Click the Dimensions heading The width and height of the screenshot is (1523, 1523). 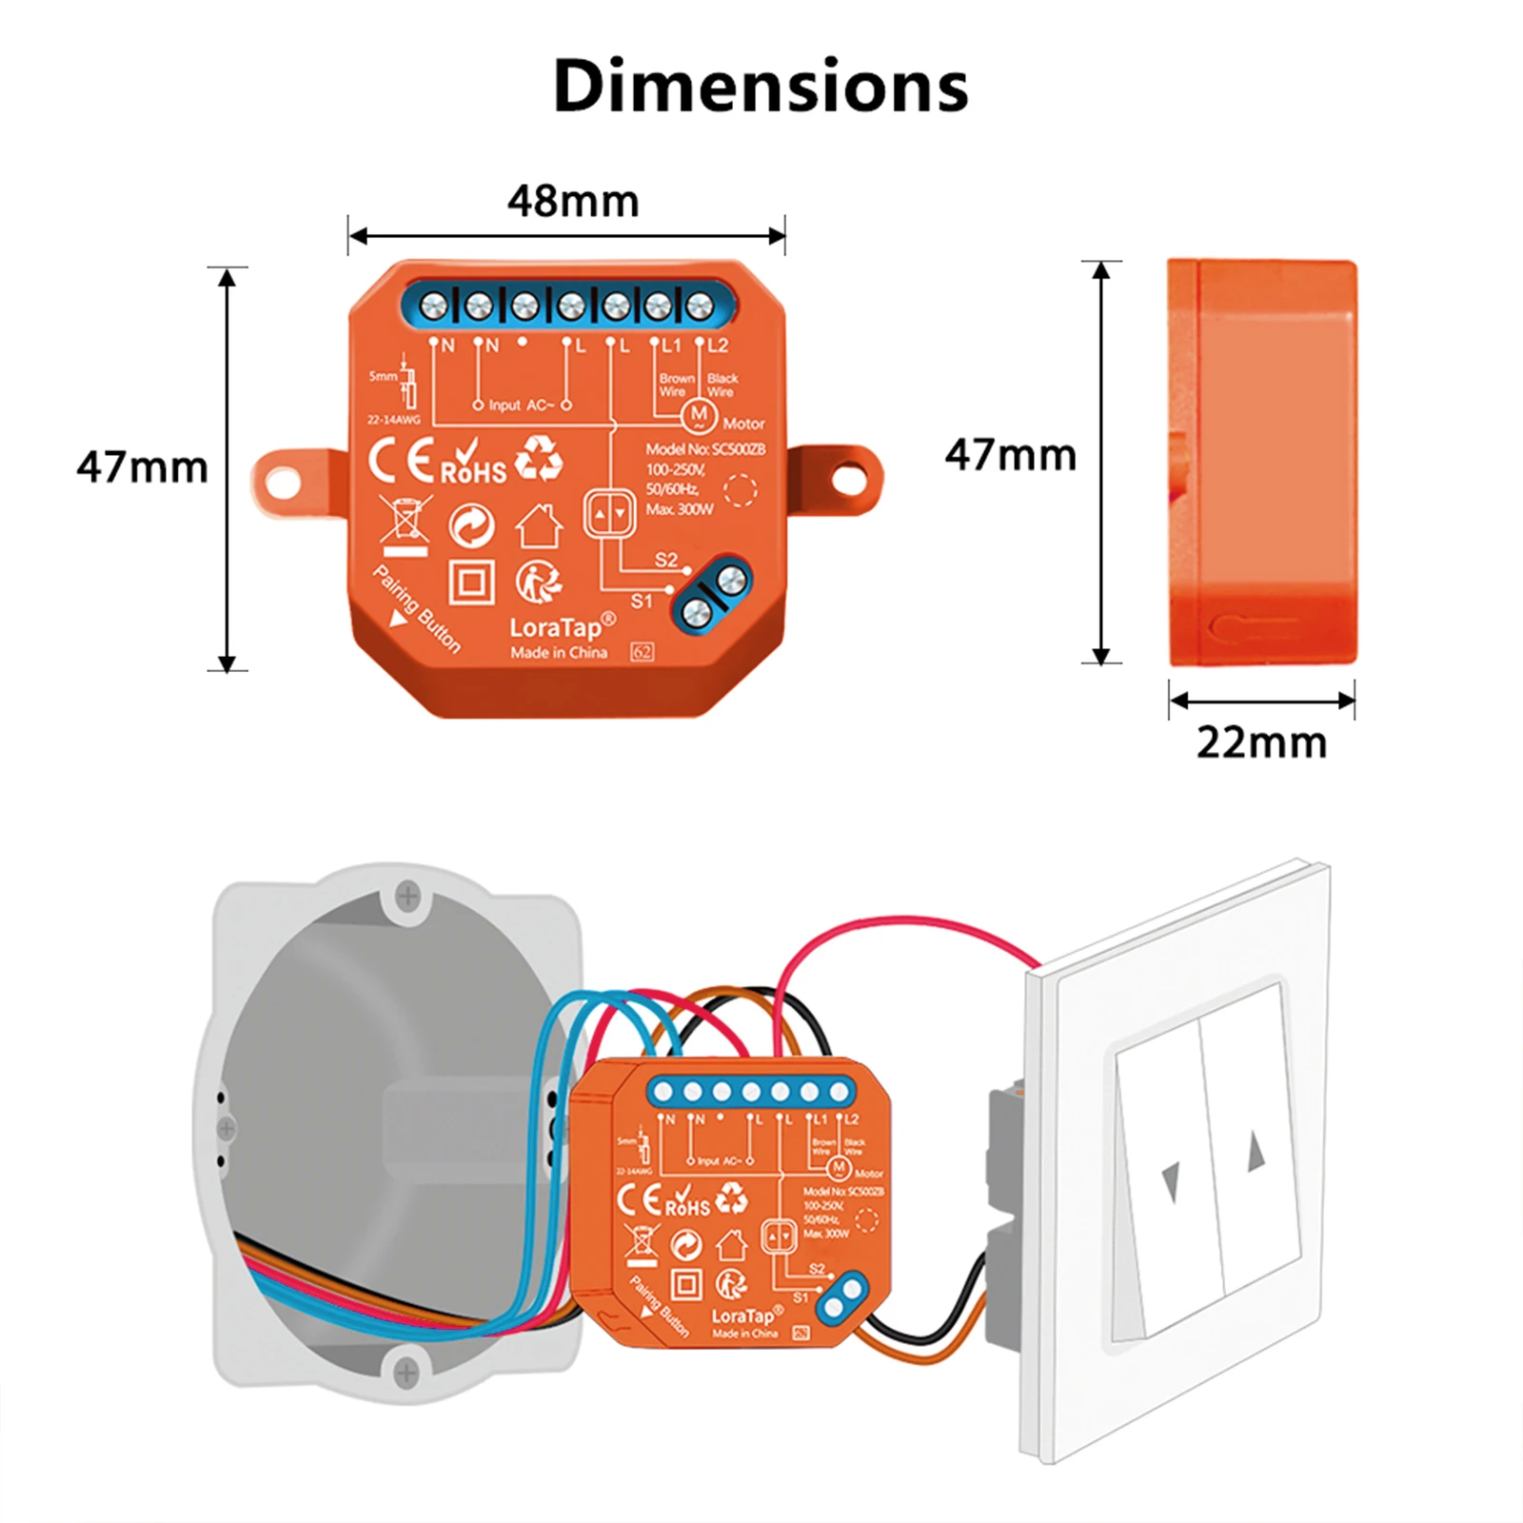click(760, 86)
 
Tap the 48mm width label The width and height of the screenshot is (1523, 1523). click(572, 201)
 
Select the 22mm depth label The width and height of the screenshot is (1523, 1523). click(1261, 742)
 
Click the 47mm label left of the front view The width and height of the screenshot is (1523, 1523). click(142, 467)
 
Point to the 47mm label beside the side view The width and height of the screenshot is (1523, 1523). click(1010, 455)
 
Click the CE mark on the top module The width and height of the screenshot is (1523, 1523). click(401, 462)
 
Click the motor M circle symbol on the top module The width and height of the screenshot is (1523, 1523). click(700, 414)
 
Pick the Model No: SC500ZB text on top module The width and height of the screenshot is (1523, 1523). click(704, 449)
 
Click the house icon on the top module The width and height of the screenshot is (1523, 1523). click(539, 525)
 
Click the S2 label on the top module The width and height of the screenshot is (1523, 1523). click(666, 560)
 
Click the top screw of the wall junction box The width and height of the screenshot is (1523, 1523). click(407, 895)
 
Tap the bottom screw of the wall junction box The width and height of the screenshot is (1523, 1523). click(405, 1372)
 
